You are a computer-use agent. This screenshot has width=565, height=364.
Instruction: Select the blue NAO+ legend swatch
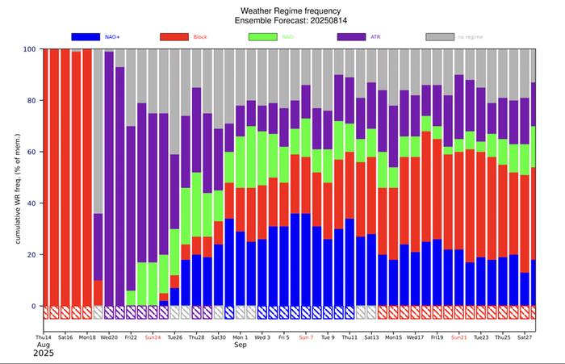96,36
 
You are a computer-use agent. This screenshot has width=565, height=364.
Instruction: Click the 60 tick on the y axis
31,152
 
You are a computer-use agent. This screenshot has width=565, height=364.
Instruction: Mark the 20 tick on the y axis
31,255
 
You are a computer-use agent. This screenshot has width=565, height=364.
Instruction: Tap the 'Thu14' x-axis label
44,337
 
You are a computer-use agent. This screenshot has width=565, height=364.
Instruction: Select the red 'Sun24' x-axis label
153,337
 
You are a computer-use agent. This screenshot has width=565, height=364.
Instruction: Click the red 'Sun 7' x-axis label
306,337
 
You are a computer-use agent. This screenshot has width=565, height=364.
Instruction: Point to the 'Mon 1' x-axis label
241,337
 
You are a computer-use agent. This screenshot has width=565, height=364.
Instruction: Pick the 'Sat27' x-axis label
524,337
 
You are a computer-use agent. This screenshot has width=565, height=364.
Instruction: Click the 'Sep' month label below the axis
241,345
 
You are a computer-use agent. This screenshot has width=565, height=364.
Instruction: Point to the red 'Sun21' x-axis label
458,337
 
